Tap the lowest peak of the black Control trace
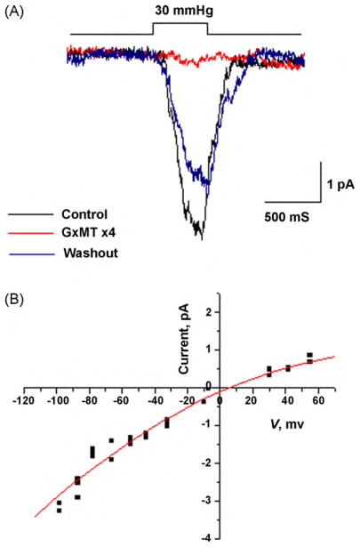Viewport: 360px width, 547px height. [x=202, y=238]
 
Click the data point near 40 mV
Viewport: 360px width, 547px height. [x=288, y=367]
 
